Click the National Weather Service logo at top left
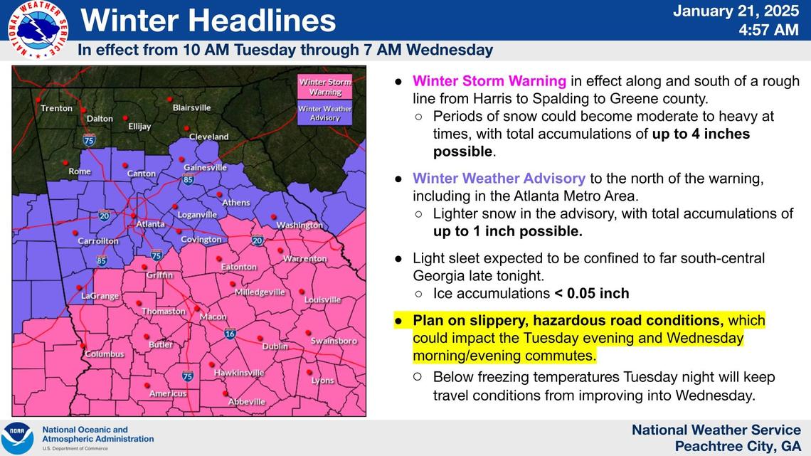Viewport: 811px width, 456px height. tap(38, 29)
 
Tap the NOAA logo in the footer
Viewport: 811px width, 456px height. tap(17, 438)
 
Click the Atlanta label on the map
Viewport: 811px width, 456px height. tap(150, 224)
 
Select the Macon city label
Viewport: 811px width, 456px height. tap(213, 317)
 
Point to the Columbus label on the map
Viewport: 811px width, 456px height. tap(104, 354)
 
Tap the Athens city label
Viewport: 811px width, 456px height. tap(236, 203)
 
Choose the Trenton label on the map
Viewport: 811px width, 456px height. tap(56, 108)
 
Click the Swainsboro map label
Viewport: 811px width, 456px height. tap(334, 341)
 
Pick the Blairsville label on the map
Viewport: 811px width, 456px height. tap(192, 108)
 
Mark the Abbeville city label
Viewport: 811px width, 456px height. tap(246, 402)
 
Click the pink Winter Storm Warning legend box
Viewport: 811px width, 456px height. tap(324, 87)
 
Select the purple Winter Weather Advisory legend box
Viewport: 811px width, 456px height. tap(324, 113)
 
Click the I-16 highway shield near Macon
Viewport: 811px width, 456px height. tap(229, 333)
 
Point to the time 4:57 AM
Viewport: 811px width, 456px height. tap(769, 30)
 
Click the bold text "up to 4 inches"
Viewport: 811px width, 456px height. tap(701, 134)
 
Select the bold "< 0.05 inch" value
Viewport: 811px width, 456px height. tap(591, 293)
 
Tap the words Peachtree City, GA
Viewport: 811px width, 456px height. tap(738, 446)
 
